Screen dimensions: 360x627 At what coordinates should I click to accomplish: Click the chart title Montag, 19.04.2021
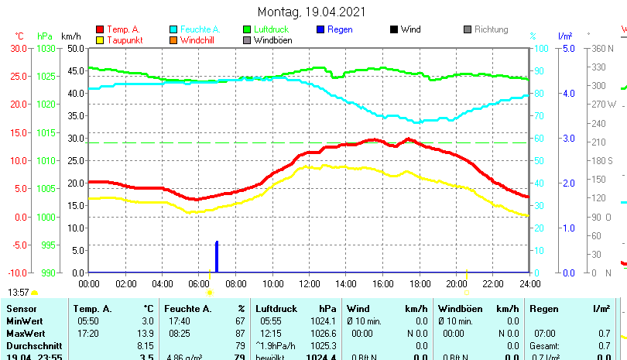tap(312, 12)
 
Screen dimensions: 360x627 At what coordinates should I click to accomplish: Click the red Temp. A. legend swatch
tap(99, 29)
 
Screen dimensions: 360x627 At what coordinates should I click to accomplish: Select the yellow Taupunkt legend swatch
tap(99, 40)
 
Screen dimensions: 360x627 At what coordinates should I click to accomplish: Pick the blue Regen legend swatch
tap(320, 29)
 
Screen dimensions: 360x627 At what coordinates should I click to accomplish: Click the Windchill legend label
tap(199, 40)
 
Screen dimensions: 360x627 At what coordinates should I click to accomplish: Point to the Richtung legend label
tap(491, 29)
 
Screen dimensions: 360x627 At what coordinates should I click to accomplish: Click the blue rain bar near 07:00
tap(217, 257)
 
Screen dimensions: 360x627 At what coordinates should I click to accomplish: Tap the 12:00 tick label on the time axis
tap(309, 284)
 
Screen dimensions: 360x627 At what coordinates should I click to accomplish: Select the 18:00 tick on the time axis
tap(420, 284)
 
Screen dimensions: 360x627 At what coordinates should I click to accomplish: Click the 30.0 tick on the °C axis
tap(19, 48)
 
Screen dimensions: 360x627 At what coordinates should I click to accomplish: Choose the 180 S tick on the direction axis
tap(601, 160)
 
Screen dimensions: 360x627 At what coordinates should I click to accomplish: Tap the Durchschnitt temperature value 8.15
tap(145, 345)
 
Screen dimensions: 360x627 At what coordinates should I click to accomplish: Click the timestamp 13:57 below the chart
tap(18, 293)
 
